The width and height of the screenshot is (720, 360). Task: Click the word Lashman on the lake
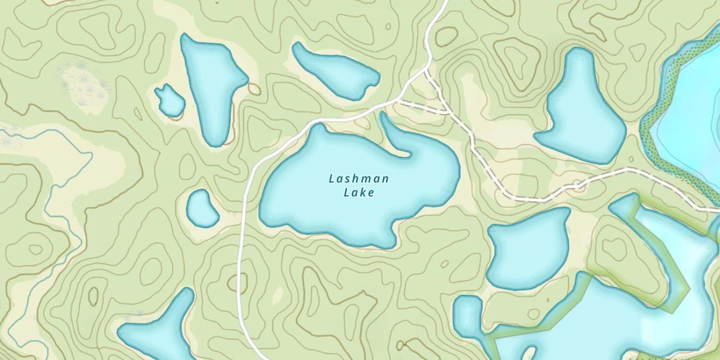point(359,180)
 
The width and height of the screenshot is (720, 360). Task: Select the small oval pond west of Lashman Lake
point(202,208)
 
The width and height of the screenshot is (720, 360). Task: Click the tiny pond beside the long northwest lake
point(170,101)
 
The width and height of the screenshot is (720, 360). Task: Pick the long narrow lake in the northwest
point(211,86)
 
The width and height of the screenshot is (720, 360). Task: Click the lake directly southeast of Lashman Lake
point(528,250)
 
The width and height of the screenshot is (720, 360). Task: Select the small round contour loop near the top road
point(446,36)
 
